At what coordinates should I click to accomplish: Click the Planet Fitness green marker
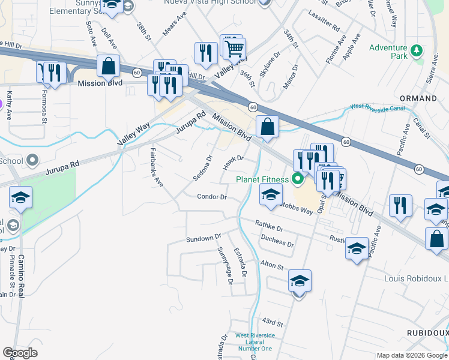pos(297,179)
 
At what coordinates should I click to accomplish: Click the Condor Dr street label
pos(211,197)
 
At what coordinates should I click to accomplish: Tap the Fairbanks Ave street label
pos(156,167)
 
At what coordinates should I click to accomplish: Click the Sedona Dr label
pos(203,168)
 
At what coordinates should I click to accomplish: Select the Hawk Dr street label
pos(232,162)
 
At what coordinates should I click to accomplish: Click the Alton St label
pos(271,264)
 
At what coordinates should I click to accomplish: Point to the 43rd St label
pos(272,324)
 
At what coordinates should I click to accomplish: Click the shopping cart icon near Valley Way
pos(234,47)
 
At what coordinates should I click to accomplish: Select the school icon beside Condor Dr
pos(271,194)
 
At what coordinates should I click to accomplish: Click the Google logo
pos(20,353)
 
